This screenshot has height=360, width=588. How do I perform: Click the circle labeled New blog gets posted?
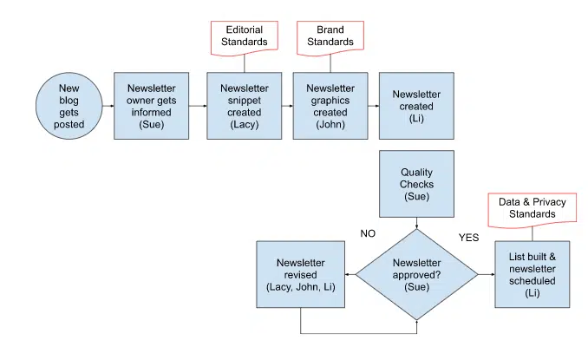(71, 106)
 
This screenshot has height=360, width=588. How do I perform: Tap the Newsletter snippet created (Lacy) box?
(244, 106)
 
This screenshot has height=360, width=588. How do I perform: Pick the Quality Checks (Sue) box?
(416, 185)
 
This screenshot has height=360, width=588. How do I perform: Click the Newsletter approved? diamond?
(416, 273)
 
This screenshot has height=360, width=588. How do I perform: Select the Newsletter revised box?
(300, 275)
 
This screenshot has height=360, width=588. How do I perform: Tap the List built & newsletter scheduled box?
(532, 274)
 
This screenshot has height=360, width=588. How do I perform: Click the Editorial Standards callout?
(244, 36)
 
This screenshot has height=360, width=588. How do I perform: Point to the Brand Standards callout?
(330, 36)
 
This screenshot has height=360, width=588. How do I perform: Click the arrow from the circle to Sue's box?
(108, 106)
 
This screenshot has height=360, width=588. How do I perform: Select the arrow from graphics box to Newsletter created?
(372, 106)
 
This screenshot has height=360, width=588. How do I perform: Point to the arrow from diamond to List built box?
(486, 274)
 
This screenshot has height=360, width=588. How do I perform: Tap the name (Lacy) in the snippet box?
(244, 125)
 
